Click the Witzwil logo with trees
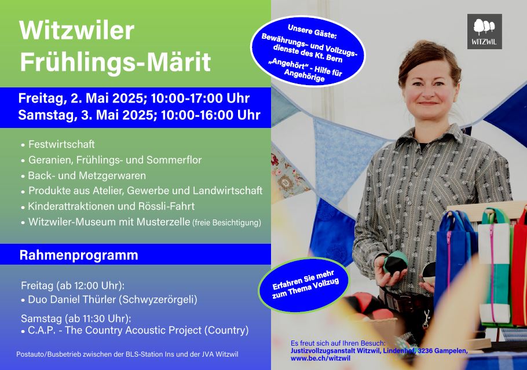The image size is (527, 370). [484, 32]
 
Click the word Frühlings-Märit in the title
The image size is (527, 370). [115, 61]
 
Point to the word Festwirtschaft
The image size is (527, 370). [61, 144]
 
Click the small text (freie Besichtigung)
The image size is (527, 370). [226, 222]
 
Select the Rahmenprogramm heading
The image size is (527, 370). [79, 255]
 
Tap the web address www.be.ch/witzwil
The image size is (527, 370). [320, 358]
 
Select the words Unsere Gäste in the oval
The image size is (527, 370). [312, 31]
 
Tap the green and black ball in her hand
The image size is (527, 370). [396, 263]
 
